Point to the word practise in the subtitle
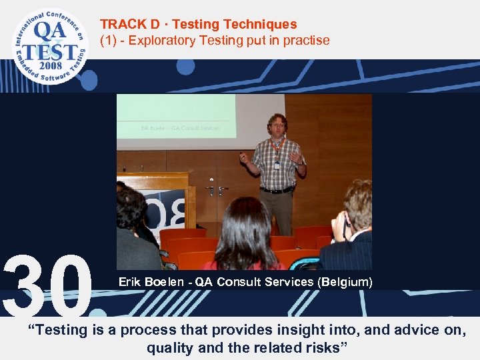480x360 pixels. tap(306, 41)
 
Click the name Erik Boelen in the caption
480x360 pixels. tap(148, 282)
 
